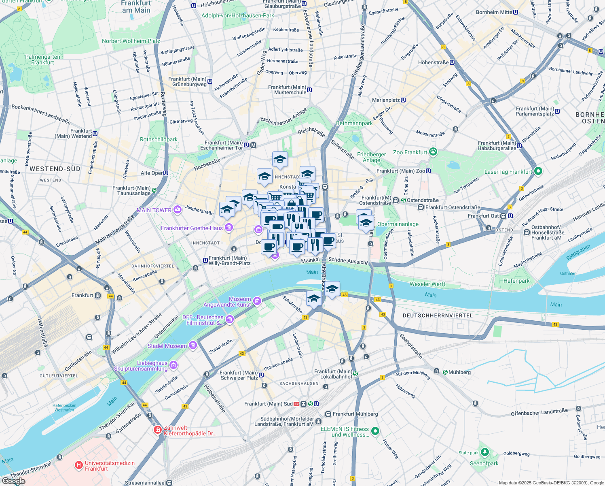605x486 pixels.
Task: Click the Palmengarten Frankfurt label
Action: (42, 60)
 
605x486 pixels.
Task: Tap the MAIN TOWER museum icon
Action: (177, 210)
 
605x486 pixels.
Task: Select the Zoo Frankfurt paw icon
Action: (433, 152)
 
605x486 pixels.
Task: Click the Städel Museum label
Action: (167, 346)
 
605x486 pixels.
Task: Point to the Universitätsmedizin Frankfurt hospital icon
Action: (79, 465)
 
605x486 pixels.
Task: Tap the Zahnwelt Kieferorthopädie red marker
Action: (158, 430)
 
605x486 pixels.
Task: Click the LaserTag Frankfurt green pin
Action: (538, 171)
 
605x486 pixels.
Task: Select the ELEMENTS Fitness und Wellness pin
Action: (375, 431)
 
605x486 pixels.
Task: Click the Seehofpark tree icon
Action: (484, 452)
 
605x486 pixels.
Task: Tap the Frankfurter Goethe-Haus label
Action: (192, 228)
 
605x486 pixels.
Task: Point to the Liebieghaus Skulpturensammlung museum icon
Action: (173, 365)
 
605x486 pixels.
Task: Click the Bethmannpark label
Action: (354, 123)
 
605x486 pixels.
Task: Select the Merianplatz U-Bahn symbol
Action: (403, 100)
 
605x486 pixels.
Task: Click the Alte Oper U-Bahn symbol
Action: (166, 173)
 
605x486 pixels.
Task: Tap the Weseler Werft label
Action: (427, 284)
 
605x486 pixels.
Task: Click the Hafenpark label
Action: (516, 281)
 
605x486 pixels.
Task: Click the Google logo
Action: (14, 481)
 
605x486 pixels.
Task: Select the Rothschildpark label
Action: (159, 139)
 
